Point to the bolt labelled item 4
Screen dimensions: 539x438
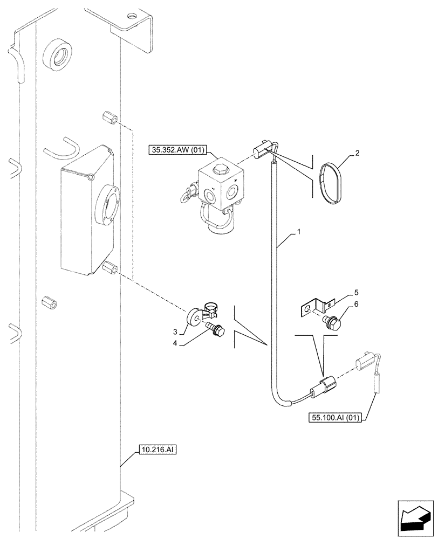[216, 329]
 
